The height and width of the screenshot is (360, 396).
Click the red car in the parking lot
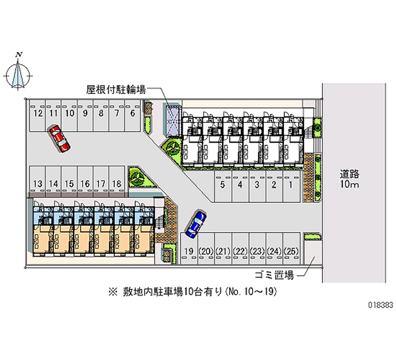59,138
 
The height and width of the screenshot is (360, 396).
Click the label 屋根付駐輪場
116,90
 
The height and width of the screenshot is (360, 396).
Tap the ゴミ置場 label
275,275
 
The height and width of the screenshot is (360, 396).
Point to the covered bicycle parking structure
174,120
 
